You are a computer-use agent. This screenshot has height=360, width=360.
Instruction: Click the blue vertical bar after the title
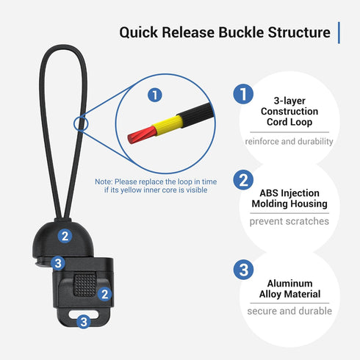coord(339,32)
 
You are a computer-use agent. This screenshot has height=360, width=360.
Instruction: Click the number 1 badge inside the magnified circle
coord(154,95)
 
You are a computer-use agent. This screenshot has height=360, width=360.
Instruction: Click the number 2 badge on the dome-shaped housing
coord(65,236)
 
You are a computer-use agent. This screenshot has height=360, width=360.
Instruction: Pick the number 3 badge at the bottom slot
coord(83,321)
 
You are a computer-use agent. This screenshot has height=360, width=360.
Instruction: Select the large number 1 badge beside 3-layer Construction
coord(243,94)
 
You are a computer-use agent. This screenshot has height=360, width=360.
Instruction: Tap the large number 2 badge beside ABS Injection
coord(243,180)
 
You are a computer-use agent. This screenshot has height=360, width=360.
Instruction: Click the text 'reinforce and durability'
coord(289,141)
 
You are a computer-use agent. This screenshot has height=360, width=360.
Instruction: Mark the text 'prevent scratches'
coord(289,221)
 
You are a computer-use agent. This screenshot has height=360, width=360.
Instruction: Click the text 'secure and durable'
coord(289,311)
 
